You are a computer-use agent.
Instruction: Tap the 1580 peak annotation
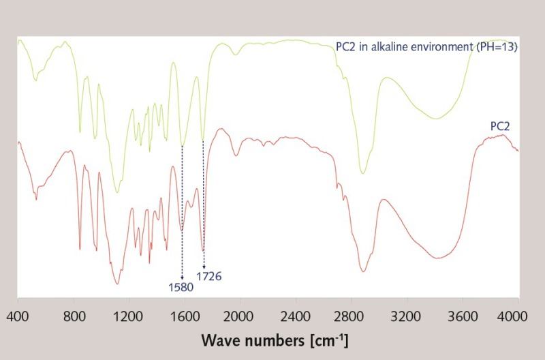pos(181,288)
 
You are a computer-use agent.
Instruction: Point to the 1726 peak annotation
pos(209,276)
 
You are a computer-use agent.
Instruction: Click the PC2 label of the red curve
pos(501,126)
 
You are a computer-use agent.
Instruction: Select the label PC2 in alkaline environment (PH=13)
pos(427,47)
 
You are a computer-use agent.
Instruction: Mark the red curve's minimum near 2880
pos(363,271)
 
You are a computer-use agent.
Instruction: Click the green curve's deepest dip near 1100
pos(117,192)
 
